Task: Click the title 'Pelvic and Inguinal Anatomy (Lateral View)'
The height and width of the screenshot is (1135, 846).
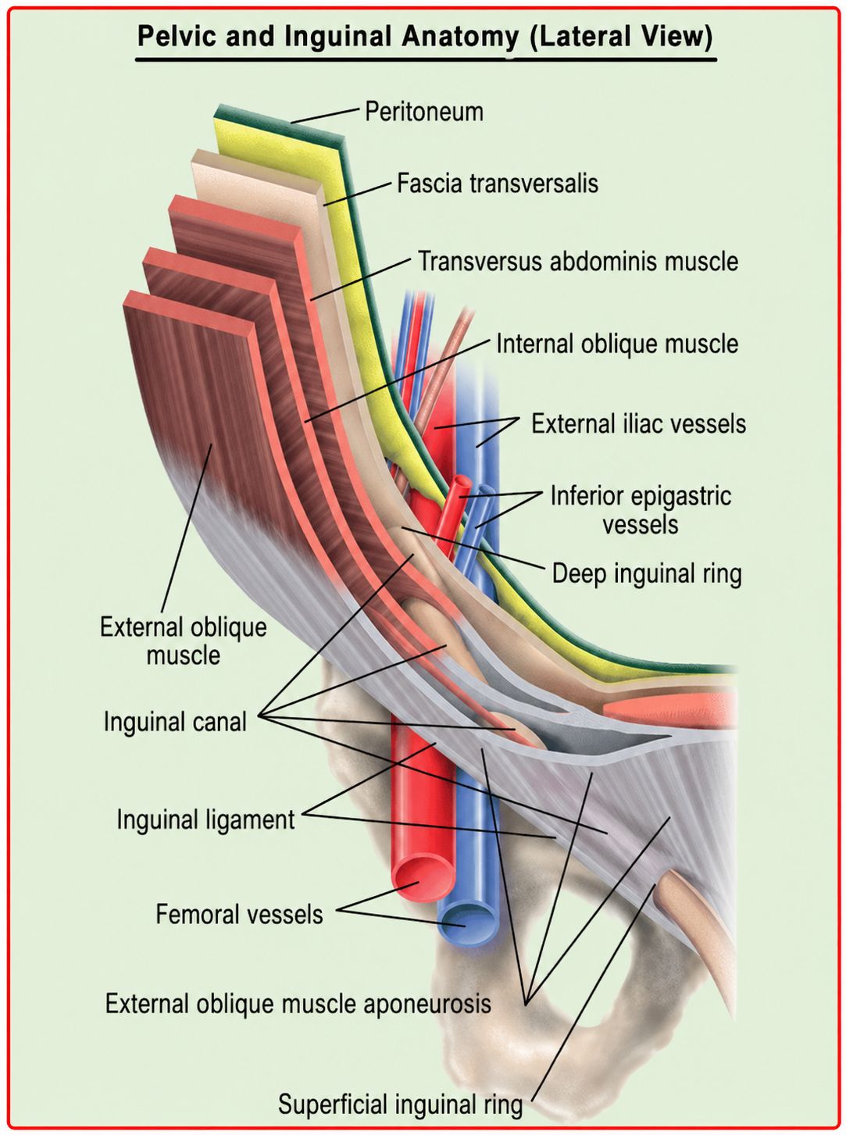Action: click(425, 37)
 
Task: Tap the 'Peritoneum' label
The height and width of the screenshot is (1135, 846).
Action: click(424, 112)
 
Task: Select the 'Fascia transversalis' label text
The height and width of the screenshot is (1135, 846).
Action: click(498, 184)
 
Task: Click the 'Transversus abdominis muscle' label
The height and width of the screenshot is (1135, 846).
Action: click(578, 261)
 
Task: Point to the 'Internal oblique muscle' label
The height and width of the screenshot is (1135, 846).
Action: click(617, 344)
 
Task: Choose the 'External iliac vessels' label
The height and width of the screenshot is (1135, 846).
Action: click(639, 424)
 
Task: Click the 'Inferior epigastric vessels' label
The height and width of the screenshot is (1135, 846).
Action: click(641, 510)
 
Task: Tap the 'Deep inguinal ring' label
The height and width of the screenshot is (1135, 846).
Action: click(647, 574)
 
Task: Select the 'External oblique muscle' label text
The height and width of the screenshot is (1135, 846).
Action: click(183, 641)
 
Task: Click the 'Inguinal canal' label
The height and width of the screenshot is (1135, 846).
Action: click(175, 721)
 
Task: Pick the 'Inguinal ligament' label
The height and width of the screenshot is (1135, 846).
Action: click(205, 819)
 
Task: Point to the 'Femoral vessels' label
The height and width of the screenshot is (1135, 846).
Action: click(239, 914)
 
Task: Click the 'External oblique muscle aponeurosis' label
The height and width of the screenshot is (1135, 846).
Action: click(298, 1004)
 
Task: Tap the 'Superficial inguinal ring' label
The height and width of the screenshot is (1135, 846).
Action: click(401, 1105)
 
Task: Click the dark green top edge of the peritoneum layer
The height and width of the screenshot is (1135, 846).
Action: click(278, 122)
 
